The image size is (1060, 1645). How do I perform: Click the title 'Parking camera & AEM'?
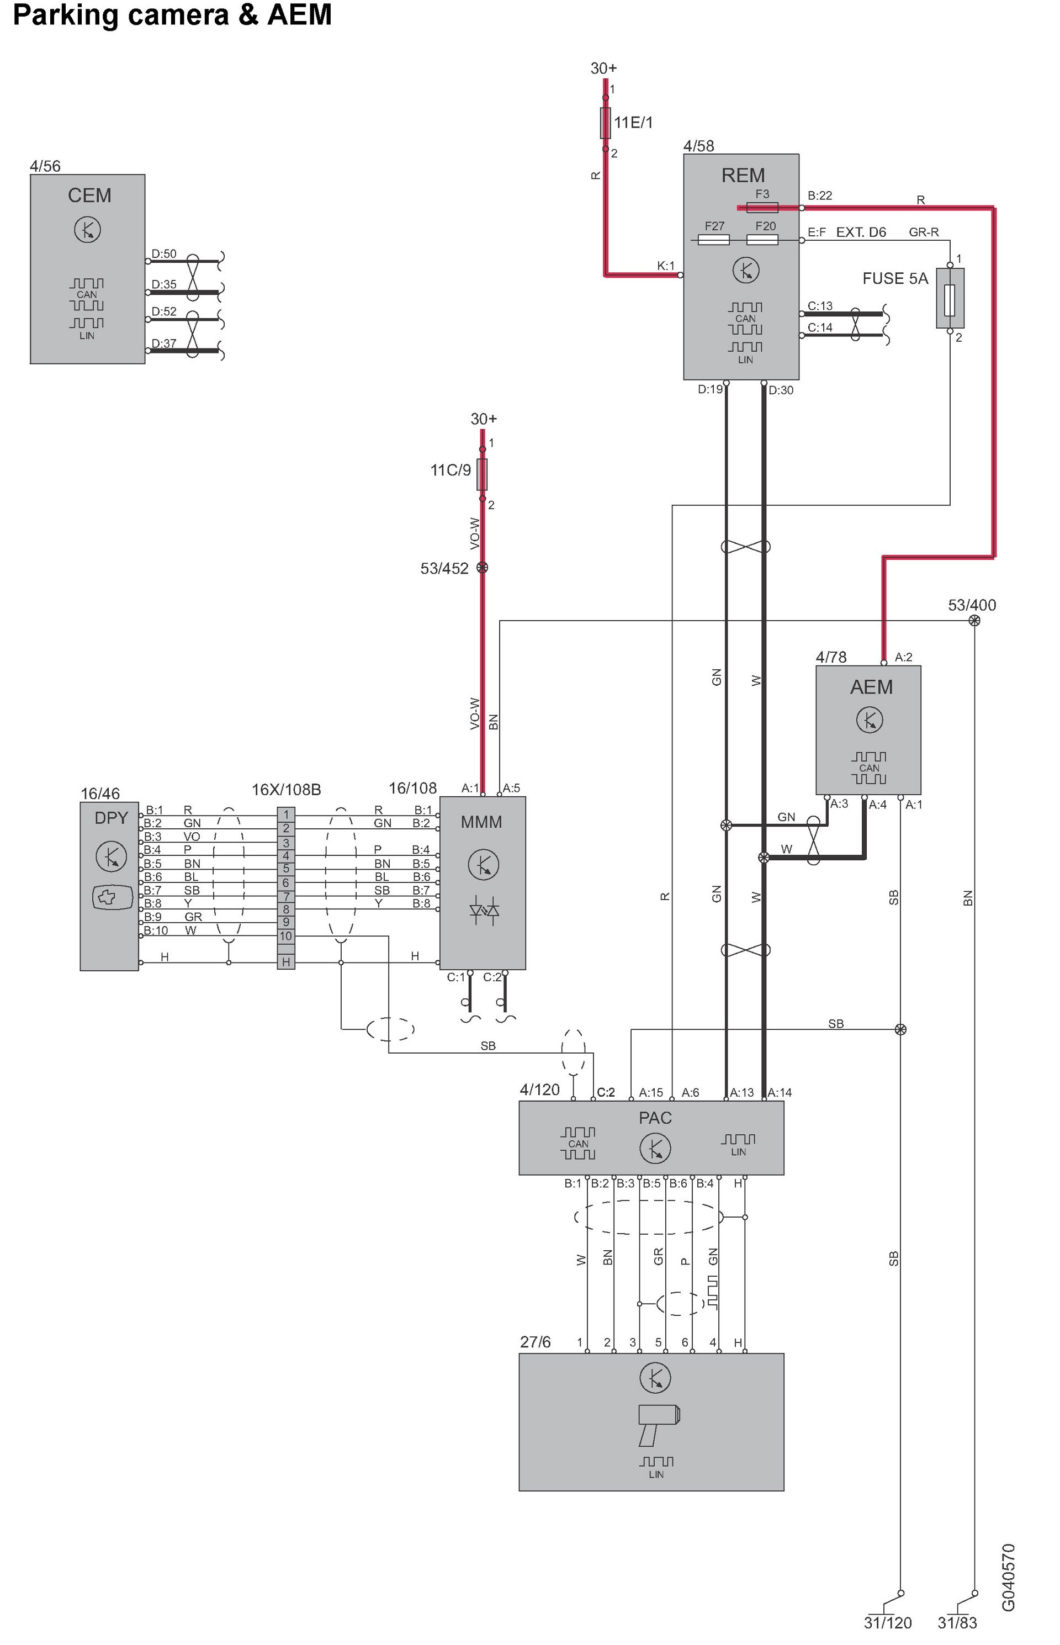click(172, 15)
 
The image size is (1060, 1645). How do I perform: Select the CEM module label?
click(89, 195)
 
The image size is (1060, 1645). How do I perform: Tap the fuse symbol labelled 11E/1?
click(606, 123)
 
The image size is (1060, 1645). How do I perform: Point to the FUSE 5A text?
click(895, 279)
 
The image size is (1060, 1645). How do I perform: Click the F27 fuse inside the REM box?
click(714, 239)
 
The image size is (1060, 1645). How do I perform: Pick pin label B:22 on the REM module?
click(820, 195)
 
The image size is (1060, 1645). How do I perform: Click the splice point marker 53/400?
click(974, 621)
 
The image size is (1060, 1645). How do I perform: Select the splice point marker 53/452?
click(483, 568)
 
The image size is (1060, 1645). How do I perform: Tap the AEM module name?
click(871, 687)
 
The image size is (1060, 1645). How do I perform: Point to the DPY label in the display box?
click(112, 818)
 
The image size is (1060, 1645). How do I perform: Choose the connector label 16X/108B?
click(287, 790)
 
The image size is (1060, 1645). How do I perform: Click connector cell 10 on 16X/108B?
click(285, 936)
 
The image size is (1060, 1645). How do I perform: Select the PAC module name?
click(655, 1118)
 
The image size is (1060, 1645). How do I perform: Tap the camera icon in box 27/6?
click(659, 1424)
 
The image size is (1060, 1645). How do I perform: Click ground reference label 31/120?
click(887, 1622)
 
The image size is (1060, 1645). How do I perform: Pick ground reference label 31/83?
click(957, 1622)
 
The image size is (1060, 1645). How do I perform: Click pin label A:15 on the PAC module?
click(650, 1092)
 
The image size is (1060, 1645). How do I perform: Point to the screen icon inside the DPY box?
click(112, 897)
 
